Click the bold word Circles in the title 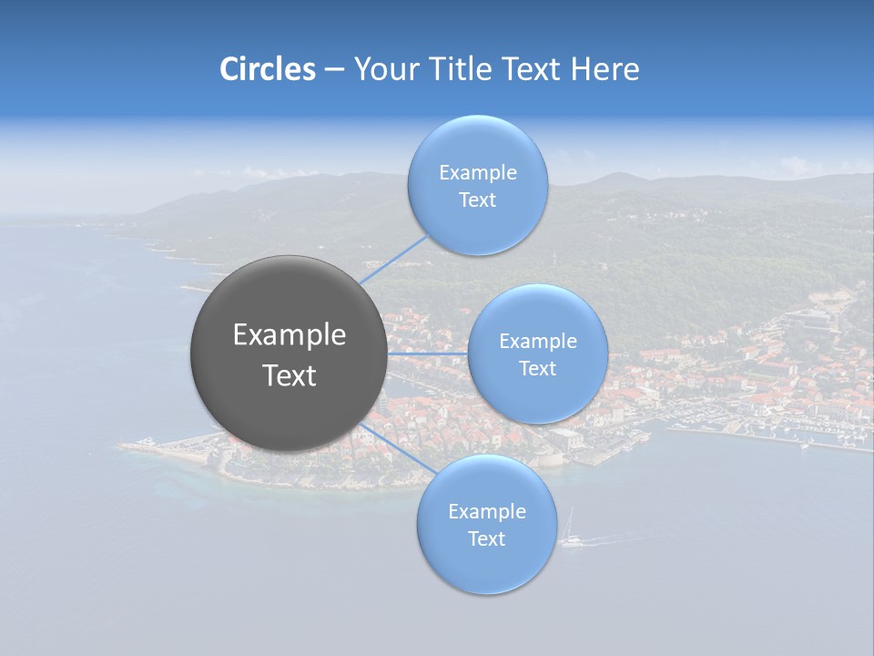tap(268, 69)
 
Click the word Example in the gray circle tap(290, 335)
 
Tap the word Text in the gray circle tap(290, 375)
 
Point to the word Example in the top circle tap(478, 172)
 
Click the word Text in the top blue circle tap(477, 200)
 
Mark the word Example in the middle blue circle tap(538, 342)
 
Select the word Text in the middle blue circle tap(537, 369)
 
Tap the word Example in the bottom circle tap(487, 512)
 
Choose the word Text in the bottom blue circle tap(486, 539)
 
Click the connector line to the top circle tap(394, 259)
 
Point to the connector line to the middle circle tap(427, 353)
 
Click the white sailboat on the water tap(570, 537)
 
